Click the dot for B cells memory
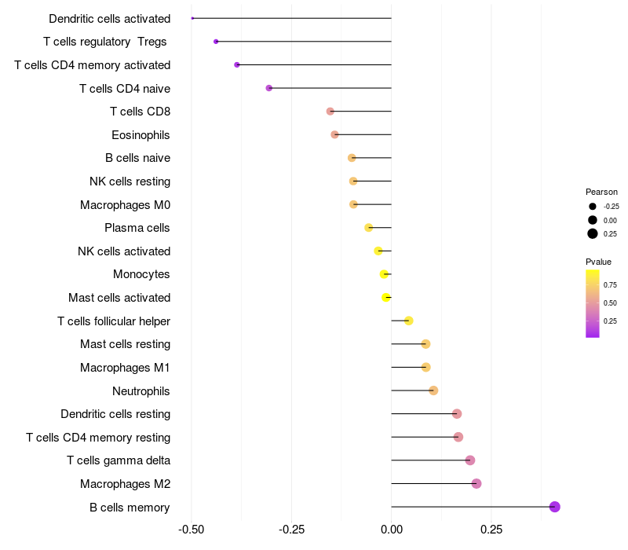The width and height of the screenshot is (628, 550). point(555,507)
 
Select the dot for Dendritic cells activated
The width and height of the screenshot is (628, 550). point(192,18)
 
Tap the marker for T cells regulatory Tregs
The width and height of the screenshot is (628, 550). point(216,41)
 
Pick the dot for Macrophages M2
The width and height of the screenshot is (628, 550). point(476,483)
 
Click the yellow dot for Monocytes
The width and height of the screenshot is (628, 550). point(384,274)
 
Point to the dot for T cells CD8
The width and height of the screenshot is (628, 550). point(330,112)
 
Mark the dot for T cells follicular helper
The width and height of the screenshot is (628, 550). point(409,321)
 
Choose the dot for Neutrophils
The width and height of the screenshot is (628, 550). point(433,390)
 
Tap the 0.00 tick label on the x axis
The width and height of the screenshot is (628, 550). point(391,530)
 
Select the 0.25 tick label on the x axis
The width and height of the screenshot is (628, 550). point(491,530)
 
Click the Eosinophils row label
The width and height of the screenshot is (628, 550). point(141,135)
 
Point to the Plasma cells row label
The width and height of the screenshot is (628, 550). point(137,228)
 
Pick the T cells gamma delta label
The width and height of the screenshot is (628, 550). point(119,460)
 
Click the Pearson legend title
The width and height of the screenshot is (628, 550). point(601,192)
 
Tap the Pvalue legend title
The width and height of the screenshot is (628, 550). point(598,262)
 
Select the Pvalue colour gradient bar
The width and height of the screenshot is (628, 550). point(593,303)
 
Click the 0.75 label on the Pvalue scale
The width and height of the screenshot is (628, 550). point(610,285)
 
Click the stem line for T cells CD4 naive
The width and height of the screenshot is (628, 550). point(330,88)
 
